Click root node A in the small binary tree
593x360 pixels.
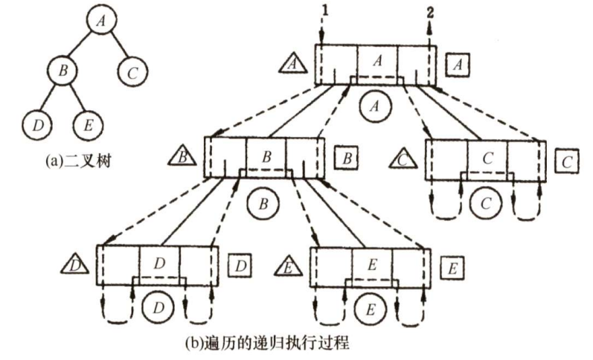pyautogui.click(x=99, y=21)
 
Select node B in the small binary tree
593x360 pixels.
pyautogui.click(x=63, y=71)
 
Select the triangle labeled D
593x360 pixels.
pyautogui.click(x=74, y=263)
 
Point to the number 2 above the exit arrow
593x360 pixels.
pyautogui.click(x=430, y=10)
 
